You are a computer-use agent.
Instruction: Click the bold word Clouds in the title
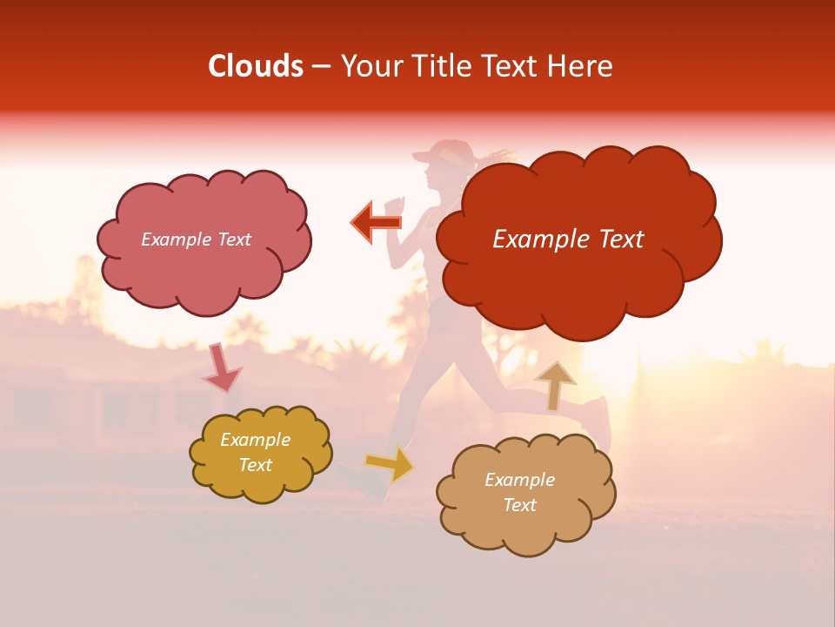256,66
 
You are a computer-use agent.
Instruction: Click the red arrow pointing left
377,222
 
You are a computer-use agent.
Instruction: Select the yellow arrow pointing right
389,463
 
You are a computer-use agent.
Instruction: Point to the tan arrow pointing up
555,385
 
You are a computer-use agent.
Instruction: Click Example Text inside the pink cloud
197,239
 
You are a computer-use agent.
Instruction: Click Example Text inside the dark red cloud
568,239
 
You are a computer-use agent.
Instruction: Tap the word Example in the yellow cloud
255,440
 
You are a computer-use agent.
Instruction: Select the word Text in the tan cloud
519,505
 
